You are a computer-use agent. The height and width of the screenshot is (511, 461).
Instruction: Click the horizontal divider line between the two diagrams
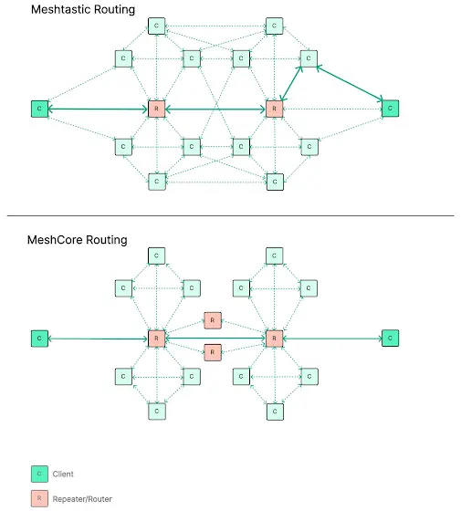230,215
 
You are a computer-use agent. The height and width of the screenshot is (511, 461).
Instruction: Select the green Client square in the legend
39,474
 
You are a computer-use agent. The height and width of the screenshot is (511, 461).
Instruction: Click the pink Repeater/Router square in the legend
39,498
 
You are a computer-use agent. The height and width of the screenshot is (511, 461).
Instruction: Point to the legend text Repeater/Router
82,499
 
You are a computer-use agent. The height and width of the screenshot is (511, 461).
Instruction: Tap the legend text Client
63,474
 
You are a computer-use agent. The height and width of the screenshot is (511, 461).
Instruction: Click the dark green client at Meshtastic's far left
39,109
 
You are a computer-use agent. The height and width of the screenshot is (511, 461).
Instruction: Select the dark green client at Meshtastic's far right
390,109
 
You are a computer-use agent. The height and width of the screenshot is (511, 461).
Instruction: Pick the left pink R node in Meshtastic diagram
156,109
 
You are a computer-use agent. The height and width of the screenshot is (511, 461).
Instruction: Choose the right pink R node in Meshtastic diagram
274,109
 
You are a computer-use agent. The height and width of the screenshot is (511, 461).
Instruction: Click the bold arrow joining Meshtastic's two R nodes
215,109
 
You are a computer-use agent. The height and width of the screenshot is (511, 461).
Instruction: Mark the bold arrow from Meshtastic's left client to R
98,109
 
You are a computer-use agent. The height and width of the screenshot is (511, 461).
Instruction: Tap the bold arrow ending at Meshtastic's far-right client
350,83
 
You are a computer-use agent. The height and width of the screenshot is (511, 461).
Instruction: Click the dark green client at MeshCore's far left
39,339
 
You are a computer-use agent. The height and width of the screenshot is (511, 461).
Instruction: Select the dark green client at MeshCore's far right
390,339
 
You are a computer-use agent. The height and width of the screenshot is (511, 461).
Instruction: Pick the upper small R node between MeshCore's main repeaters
213,320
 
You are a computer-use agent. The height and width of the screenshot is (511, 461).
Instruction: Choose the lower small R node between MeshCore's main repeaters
213,352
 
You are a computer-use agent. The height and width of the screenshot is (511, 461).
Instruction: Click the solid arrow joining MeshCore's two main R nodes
215,339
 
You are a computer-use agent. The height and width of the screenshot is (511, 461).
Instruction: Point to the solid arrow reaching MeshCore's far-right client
332,339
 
